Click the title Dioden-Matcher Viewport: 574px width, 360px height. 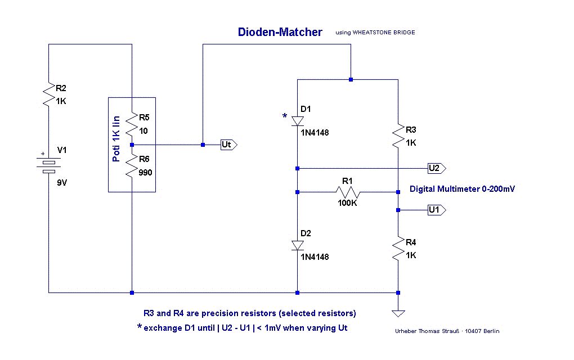tap(280, 32)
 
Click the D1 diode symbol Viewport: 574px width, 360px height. tap(297, 120)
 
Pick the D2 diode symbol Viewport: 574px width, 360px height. tap(297, 245)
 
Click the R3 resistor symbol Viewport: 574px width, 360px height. tap(398, 135)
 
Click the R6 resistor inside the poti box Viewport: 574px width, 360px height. tap(132, 166)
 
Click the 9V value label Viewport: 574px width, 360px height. tap(62, 183)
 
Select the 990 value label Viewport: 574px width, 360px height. tap(145, 173)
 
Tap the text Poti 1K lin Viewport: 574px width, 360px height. tap(116, 138)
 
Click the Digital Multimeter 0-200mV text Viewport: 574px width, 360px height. tap(462, 189)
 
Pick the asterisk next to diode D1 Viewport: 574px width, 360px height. tap(285, 116)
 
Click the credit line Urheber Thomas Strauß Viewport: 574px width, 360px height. tap(447, 331)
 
